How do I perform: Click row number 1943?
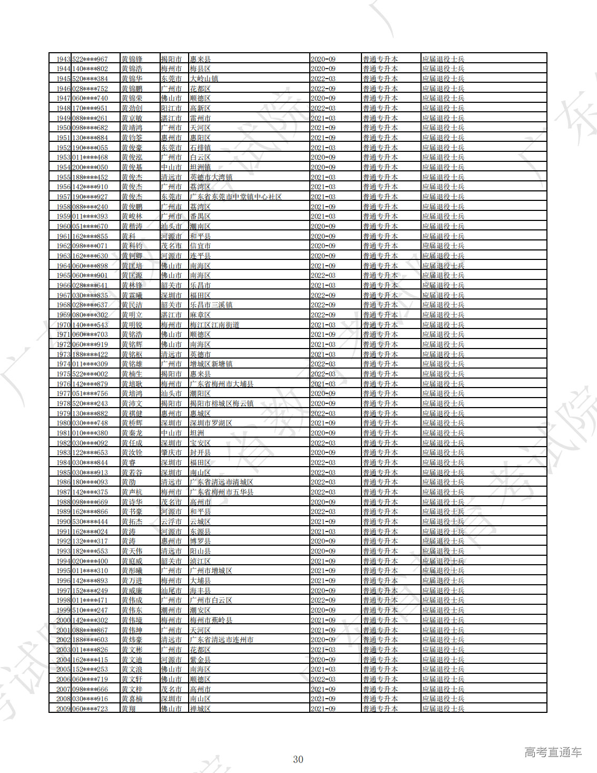pyautogui.click(x=63, y=59)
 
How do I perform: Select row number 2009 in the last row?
pyautogui.click(x=63, y=709)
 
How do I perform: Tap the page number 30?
pyautogui.click(x=298, y=759)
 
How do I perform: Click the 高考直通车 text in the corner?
pyautogui.click(x=553, y=752)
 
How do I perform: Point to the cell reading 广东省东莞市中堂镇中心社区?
pyautogui.click(x=236, y=197)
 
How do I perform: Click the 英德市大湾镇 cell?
pyautogui.click(x=211, y=177)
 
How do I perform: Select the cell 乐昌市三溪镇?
pyautogui.click(x=211, y=305)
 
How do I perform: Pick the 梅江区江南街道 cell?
pyautogui.click(x=214, y=325)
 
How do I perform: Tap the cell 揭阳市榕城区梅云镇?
pyautogui.click(x=221, y=403)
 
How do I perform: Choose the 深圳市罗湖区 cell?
pyautogui.click(x=211, y=423)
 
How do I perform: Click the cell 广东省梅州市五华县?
pyautogui.click(x=221, y=492)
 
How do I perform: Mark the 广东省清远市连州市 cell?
pyautogui.click(x=221, y=640)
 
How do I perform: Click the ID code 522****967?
pyautogui.click(x=90, y=59)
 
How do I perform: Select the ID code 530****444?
pyautogui.click(x=90, y=521)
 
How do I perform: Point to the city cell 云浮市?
pyautogui.click(x=171, y=521)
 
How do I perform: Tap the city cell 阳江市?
pyautogui.click(x=171, y=108)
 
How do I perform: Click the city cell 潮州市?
pyautogui.click(x=171, y=610)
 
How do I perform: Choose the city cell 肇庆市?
pyautogui.click(x=171, y=452)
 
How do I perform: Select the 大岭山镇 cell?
pyautogui.click(x=204, y=79)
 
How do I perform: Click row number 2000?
pyautogui.click(x=63, y=620)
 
